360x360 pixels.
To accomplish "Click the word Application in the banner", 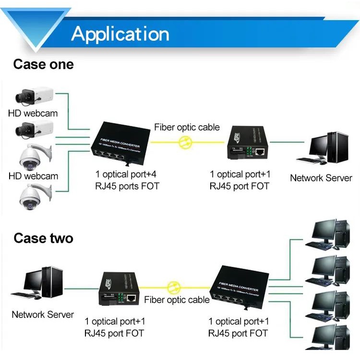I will click(x=120, y=34).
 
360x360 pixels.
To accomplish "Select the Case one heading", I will click(x=43, y=64).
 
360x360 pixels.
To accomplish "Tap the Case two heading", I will click(x=43, y=238).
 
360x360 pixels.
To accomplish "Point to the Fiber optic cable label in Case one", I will click(x=187, y=127).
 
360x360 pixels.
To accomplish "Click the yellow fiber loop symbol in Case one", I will click(x=185, y=142).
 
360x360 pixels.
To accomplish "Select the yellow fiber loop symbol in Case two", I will click(x=173, y=288).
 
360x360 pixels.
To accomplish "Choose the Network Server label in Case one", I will click(x=321, y=178).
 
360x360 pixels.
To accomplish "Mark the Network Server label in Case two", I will click(x=43, y=315).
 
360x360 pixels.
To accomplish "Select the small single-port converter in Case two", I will click(x=119, y=291).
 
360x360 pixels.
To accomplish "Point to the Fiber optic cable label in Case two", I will click(x=177, y=300).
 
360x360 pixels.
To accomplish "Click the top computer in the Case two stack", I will click(x=330, y=234).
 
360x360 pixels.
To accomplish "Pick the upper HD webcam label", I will click(x=33, y=114).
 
